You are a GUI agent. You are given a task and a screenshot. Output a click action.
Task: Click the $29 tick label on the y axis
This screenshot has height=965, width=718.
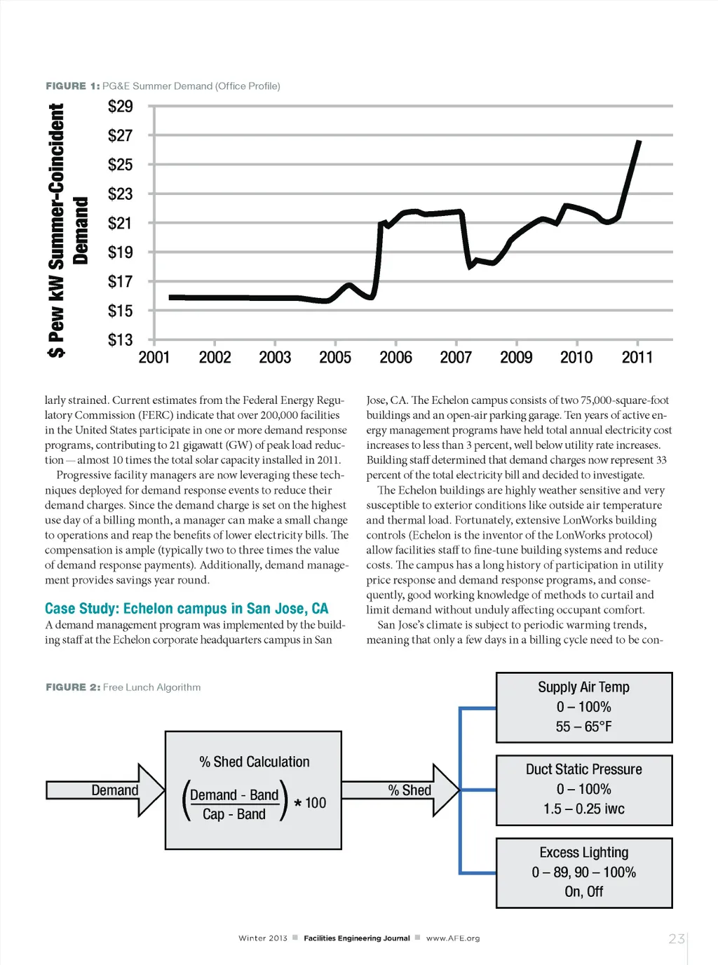120,107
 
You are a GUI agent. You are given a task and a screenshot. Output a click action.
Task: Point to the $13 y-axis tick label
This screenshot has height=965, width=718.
120,340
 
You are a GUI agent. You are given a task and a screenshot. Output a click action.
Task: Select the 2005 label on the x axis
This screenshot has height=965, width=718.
335,358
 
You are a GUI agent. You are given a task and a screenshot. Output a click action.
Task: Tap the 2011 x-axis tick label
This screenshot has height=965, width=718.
637,358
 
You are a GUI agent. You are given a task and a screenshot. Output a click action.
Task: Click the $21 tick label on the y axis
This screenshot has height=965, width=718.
120,223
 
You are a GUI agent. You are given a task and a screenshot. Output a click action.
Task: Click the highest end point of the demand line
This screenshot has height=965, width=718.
639,142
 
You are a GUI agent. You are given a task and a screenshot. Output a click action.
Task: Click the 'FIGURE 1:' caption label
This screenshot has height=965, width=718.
72,86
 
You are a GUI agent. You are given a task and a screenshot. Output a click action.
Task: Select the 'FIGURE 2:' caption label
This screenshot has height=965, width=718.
73,687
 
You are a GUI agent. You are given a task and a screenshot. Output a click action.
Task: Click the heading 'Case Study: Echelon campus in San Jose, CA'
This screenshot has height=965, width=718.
187,609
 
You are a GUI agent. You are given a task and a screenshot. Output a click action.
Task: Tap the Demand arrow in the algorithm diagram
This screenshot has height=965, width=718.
105,790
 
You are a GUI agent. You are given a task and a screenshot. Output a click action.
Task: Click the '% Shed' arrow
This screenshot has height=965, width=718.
400,790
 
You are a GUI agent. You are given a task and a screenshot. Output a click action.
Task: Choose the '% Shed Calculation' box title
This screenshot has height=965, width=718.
254,762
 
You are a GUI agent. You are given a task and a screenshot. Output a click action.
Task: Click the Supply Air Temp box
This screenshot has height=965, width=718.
584,707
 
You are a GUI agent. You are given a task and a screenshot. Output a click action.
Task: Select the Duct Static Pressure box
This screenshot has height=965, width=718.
584,790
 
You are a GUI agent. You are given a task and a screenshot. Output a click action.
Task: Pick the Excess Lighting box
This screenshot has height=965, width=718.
584,872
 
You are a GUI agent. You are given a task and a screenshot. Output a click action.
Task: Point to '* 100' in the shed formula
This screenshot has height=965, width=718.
310,803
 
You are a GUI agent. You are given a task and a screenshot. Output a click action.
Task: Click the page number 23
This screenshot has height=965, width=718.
676,938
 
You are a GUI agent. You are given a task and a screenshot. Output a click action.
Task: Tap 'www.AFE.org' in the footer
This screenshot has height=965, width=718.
453,938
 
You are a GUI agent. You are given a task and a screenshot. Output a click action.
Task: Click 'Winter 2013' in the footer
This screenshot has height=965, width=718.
263,938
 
